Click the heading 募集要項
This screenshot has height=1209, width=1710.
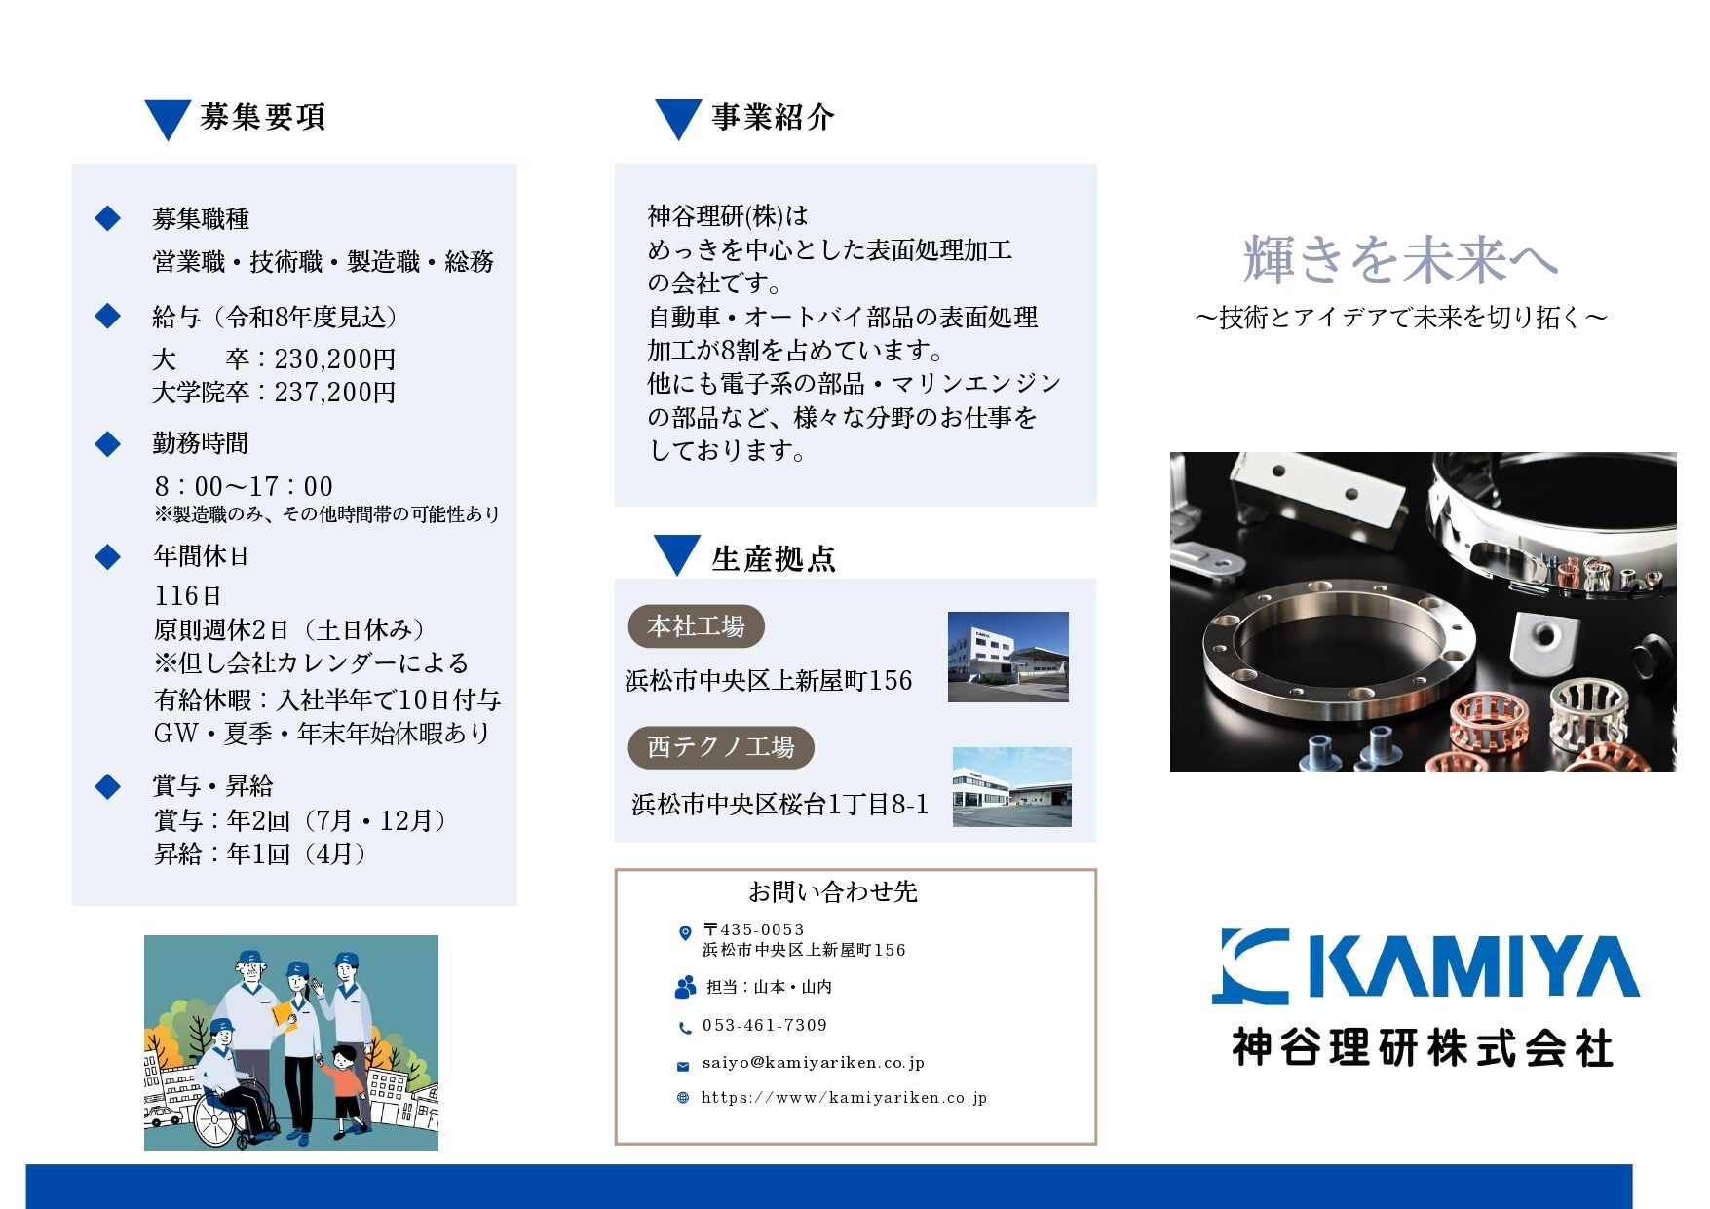tap(262, 117)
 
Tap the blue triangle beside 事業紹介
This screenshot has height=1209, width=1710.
tap(678, 118)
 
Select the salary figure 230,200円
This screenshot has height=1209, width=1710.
tap(335, 359)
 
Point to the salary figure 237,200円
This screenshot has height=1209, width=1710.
tap(335, 393)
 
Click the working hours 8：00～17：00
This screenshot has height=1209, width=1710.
tap(244, 486)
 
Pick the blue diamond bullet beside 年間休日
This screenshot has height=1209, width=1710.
tap(107, 557)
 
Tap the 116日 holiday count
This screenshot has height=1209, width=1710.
tap(188, 595)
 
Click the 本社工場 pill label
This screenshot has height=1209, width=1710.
tap(696, 626)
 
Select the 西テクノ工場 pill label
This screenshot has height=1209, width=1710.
tap(721, 747)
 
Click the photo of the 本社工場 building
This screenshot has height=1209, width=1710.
tap(1008, 657)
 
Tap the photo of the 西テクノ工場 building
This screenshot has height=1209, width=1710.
tap(1012, 787)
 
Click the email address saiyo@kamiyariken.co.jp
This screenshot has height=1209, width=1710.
tap(814, 1063)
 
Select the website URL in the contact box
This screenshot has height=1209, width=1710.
tap(844, 1098)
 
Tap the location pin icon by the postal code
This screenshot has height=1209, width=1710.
tap(684, 932)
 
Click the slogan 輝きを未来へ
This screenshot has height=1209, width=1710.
tap(1401, 259)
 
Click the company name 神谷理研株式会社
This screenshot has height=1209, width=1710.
tap(1423, 1048)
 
